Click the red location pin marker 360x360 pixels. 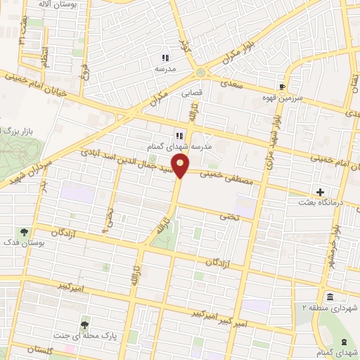click(x=181, y=167)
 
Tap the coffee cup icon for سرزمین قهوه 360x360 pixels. click(x=282, y=86)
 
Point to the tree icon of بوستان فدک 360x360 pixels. click(x=25, y=231)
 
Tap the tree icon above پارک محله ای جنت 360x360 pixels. click(x=85, y=324)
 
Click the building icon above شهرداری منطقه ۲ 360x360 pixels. click(x=331, y=296)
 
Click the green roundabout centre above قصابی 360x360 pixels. click(x=202, y=72)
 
